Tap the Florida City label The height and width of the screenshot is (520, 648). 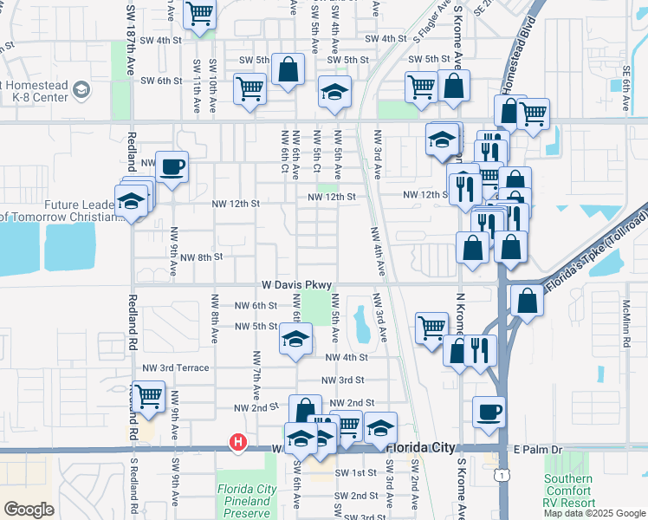pyautogui.click(x=420, y=448)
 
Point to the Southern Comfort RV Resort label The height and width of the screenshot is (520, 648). pyautogui.click(x=568, y=491)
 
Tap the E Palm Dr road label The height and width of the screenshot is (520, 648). pyautogui.click(x=538, y=450)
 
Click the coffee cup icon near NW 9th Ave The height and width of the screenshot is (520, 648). pyautogui.click(x=172, y=166)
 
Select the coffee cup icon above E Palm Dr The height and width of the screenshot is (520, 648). pyautogui.click(x=489, y=410)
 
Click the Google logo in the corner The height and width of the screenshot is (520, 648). pyautogui.click(x=29, y=510)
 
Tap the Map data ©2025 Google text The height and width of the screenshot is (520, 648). pyautogui.click(x=593, y=513)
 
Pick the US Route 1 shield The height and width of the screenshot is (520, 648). pyautogui.click(x=502, y=475)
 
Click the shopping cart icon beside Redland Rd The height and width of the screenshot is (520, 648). pyautogui.click(x=149, y=396)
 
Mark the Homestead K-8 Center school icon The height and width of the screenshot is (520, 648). pyautogui.click(x=81, y=89)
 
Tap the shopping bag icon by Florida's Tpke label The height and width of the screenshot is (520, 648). pyautogui.click(x=527, y=301)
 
